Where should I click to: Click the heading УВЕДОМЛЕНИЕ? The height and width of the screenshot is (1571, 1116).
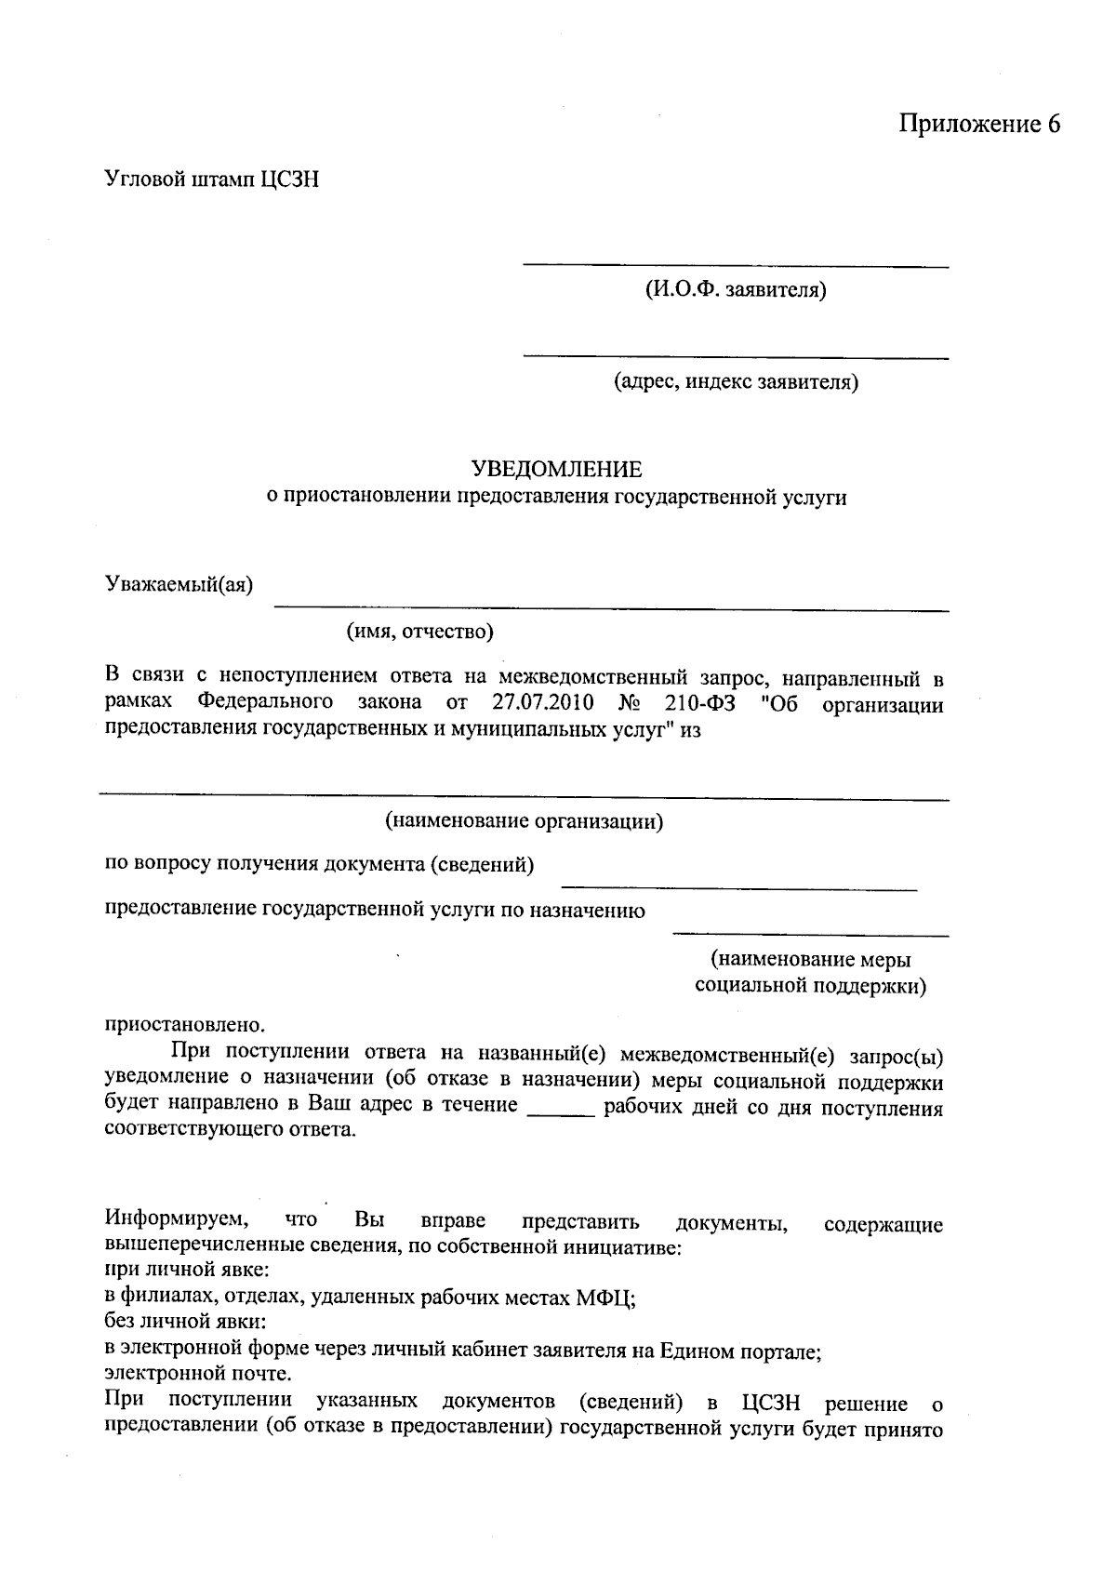point(557,469)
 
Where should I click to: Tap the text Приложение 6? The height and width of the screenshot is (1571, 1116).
point(979,125)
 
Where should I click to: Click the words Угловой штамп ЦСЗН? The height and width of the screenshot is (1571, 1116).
point(211,179)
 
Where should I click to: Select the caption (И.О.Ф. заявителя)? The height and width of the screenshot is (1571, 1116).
point(735,290)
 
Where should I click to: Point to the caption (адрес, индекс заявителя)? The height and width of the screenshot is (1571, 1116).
point(735,381)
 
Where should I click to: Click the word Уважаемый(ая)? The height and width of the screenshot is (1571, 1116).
point(179,584)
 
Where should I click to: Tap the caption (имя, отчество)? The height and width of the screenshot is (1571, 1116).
point(420,632)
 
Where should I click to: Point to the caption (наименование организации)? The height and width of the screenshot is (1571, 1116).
point(524,821)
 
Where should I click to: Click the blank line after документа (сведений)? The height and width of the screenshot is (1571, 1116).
point(739,889)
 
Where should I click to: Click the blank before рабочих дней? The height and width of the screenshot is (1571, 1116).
point(561,1112)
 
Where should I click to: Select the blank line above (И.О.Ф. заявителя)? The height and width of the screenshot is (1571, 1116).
point(735,266)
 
